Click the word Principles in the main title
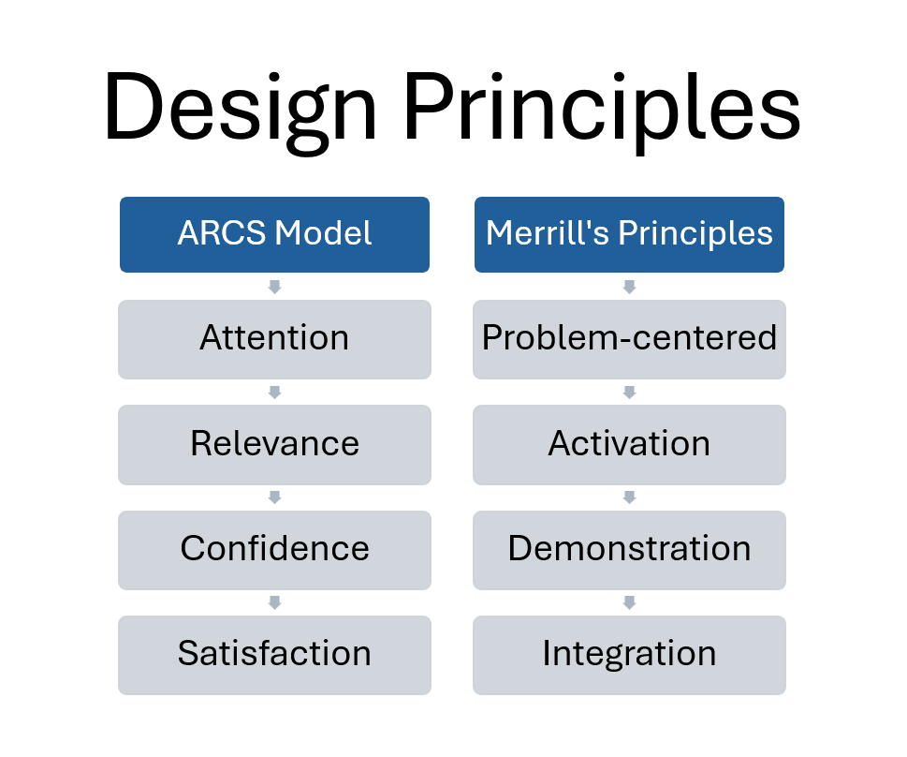click(602, 110)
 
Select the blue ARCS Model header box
click(275, 234)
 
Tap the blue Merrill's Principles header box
click(629, 234)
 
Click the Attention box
click(275, 339)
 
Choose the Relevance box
click(275, 445)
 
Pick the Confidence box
click(275, 550)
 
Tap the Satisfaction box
click(275, 655)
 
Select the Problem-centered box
click(629, 339)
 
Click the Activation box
click(629, 445)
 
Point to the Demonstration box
click(629, 550)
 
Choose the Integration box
click(629, 655)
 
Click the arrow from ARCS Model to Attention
click(275, 287)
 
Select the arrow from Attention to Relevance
click(275, 393)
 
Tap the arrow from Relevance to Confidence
click(275, 497)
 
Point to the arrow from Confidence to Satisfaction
click(275, 603)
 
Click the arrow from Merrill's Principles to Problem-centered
click(629, 287)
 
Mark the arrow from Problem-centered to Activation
click(629, 393)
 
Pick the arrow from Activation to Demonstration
click(629, 497)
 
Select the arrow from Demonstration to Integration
click(629, 603)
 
